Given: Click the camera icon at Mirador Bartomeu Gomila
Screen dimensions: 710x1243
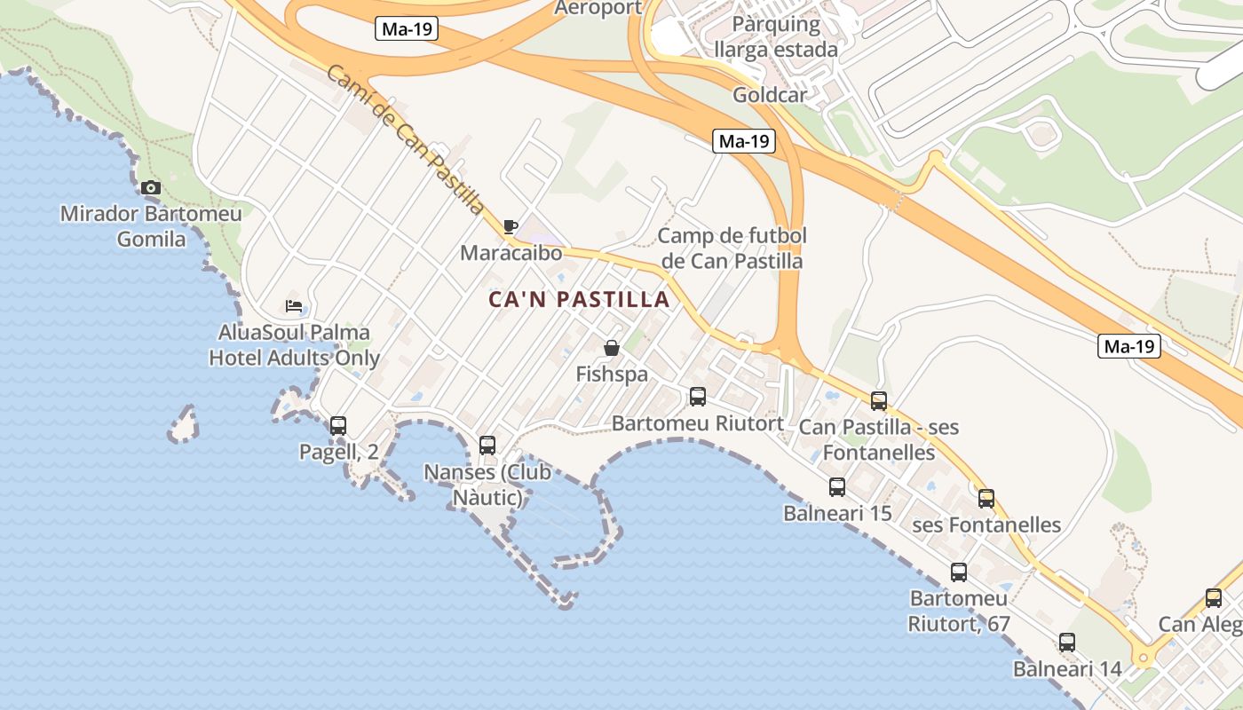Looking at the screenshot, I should pos(151,187).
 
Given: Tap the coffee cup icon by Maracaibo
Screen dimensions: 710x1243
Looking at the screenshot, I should pos(510,227).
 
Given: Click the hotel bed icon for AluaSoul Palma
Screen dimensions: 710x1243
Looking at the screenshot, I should pos(294,307).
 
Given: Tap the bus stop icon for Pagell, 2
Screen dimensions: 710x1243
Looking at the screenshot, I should pos(338,425).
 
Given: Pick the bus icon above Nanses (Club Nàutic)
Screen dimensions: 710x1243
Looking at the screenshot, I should pos(487,445).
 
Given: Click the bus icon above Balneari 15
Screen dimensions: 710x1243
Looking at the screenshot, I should pos(837,486).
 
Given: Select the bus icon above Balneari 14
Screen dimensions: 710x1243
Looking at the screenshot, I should pos(1067,642).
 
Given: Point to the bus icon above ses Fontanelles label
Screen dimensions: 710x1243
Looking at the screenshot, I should pos(986,498).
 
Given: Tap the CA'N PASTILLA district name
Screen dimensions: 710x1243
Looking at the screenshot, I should pos(579,300).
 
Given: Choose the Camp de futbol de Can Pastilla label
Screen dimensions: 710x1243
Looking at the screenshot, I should pos(732,248).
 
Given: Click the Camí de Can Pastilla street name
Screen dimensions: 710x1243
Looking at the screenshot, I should pos(406,140).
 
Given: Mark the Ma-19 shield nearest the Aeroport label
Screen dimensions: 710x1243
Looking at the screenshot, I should pos(407,29).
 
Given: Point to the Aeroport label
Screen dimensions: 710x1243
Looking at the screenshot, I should pos(598,8).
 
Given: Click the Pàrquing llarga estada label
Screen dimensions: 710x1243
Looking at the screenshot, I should pos(776,36).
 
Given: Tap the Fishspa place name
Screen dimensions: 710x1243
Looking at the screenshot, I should pos(612,375).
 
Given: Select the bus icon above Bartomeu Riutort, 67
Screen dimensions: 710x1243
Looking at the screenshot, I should pos(959,572).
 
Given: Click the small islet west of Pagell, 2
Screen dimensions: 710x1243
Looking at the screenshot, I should pos(184,426).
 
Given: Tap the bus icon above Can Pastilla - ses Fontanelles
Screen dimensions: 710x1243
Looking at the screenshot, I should pos(879,401).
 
